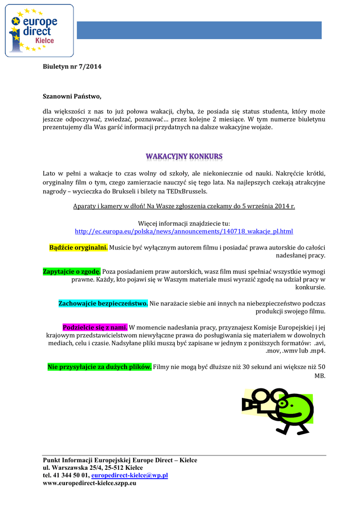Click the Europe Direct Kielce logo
coord(39,31)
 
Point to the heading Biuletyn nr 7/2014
coord(72,67)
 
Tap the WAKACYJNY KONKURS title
coord(184,157)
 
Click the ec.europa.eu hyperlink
coord(184,231)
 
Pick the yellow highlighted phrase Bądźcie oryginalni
coord(78,247)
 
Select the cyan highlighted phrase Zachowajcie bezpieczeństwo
coord(103,303)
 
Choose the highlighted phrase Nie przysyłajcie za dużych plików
coord(99,367)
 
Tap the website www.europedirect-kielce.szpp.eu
coord(90,483)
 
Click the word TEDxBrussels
coord(189,191)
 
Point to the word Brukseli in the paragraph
coord(128,191)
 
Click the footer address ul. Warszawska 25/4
coord(74,468)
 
